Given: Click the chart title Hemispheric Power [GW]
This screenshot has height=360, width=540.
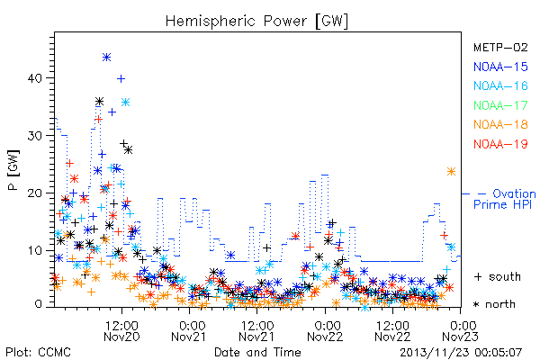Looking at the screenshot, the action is [x=256, y=22].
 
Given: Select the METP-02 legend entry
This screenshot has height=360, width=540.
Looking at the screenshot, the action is [x=500, y=47].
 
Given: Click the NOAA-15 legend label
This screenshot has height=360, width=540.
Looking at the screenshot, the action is [x=500, y=67].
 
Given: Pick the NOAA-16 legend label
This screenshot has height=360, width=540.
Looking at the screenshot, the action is [x=500, y=85].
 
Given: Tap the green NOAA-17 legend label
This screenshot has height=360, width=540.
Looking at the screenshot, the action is [x=500, y=105].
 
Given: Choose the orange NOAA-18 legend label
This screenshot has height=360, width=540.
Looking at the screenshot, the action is [x=500, y=124].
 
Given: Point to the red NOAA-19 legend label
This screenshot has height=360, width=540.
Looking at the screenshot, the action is [x=500, y=144].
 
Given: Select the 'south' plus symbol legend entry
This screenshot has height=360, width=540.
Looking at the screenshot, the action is [x=497, y=276].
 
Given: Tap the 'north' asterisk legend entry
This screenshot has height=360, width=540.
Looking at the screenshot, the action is [x=494, y=304].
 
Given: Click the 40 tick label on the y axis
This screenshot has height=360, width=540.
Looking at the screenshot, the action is [x=34, y=78].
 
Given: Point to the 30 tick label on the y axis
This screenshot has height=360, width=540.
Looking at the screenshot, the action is [x=34, y=136].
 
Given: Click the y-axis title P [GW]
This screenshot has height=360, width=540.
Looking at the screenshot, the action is [x=13, y=170].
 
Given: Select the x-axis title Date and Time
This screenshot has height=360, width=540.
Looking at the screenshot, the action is [x=257, y=352].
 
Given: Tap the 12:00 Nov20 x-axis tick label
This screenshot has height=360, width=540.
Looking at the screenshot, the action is [x=121, y=330].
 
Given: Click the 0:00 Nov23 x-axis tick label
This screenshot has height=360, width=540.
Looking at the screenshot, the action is [x=460, y=330].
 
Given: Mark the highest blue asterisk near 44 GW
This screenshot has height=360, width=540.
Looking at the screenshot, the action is [x=107, y=58].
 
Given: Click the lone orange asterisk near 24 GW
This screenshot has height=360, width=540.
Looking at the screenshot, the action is [x=451, y=172].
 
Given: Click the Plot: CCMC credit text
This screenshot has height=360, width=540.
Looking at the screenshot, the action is [x=38, y=352].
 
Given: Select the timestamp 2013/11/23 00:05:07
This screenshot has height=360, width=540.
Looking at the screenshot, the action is [x=461, y=353].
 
